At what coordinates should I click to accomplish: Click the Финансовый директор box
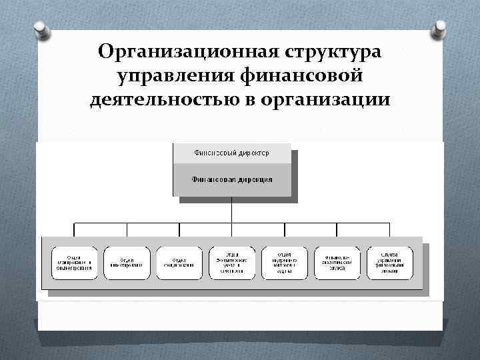(x=231, y=153)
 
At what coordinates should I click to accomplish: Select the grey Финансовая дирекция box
(x=231, y=179)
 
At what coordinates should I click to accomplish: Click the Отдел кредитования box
(x=179, y=262)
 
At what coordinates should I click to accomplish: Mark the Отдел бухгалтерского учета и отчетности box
(x=232, y=262)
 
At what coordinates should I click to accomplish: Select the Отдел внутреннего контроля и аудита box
(x=285, y=262)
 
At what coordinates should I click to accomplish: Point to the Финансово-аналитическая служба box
(x=337, y=262)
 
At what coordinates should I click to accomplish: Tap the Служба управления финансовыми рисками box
(x=390, y=262)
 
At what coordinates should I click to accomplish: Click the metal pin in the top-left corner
(x=40, y=29)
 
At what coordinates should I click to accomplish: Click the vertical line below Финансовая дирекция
(x=231, y=209)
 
